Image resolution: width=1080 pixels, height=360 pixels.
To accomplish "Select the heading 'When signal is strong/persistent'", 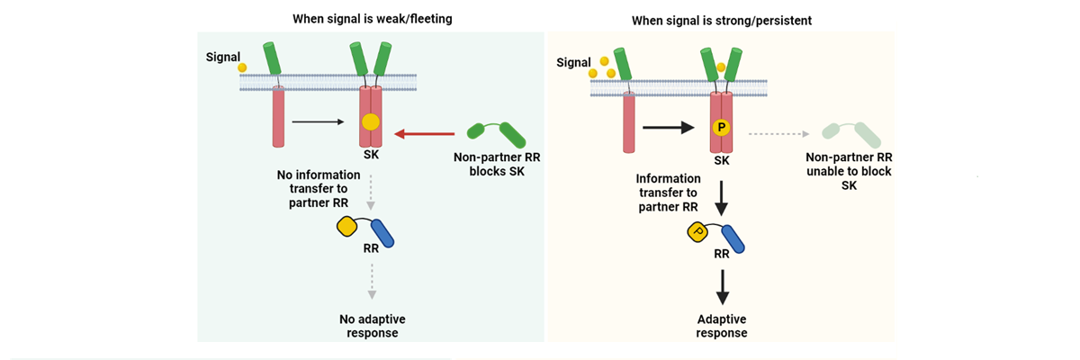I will tap(722, 20).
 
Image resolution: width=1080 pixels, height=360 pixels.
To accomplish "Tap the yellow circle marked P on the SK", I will tap(720, 128).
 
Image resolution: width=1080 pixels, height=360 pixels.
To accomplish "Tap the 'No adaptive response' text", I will tap(370, 326).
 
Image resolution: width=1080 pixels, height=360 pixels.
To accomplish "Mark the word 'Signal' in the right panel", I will tap(574, 62).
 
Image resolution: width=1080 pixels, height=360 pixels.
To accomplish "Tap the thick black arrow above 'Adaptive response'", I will tap(721, 286).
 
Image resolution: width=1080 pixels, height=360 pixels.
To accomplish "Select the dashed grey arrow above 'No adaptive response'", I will tap(370, 286).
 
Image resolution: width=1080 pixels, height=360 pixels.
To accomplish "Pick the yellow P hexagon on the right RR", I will tap(697, 232).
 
